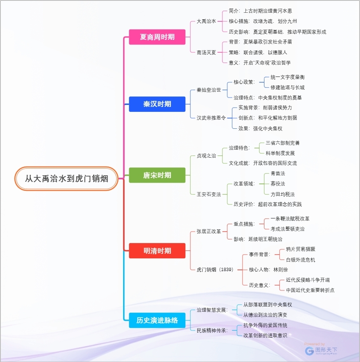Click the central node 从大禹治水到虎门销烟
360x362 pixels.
point(66,179)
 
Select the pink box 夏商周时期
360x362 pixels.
point(157,37)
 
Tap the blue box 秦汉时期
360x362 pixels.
point(157,104)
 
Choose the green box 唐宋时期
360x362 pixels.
point(157,175)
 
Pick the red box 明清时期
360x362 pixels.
point(157,251)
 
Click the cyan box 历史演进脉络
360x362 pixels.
point(157,320)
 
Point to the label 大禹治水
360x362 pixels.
point(206,21)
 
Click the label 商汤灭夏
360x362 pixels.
point(206,52)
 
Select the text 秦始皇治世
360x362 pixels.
point(209,90)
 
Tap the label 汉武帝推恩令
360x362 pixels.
point(211,118)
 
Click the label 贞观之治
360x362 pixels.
point(206,155)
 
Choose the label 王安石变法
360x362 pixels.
point(209,194)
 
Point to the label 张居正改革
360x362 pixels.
point(209,231)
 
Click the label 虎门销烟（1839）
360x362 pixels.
point(215,269)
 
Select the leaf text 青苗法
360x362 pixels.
point(278,173)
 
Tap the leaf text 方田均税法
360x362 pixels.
point(283,194)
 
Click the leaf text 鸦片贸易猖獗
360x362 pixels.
point(301,249)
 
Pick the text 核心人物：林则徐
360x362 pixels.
point(268,269)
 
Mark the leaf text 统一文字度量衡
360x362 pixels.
point(288,77)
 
